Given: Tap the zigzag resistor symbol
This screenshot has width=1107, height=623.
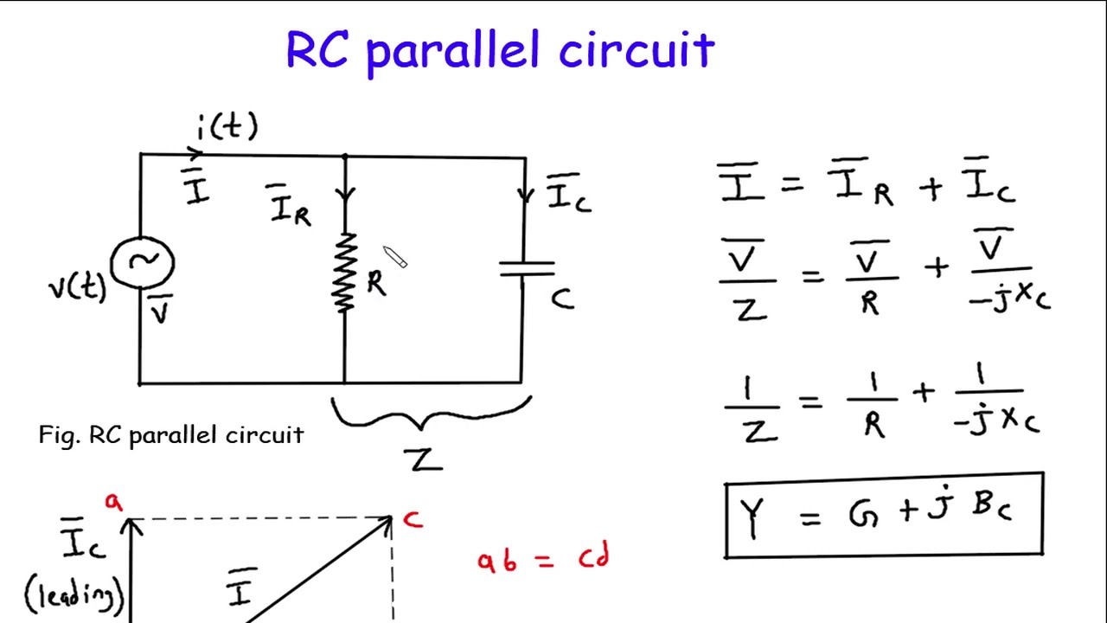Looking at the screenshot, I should coord(344,273).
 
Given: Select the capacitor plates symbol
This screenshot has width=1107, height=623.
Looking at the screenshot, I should coord(525,269).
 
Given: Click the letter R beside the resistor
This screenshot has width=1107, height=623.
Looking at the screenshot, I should coord(376,283).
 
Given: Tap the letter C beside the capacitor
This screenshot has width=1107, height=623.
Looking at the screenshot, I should coord(562,299).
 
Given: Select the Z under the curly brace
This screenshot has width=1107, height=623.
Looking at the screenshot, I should coord(423,459).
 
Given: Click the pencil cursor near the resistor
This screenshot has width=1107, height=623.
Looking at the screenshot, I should coord(395,257).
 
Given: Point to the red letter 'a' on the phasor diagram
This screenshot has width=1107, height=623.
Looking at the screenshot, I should coord(113,502).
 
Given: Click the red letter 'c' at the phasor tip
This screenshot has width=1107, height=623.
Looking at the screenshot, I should coord(413,519).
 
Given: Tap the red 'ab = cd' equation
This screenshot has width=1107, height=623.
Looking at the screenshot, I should coord(543,559).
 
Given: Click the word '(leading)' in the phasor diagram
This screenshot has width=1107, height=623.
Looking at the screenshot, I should coord(75,594).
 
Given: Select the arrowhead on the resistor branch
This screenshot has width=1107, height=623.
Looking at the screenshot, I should coord(345,196).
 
